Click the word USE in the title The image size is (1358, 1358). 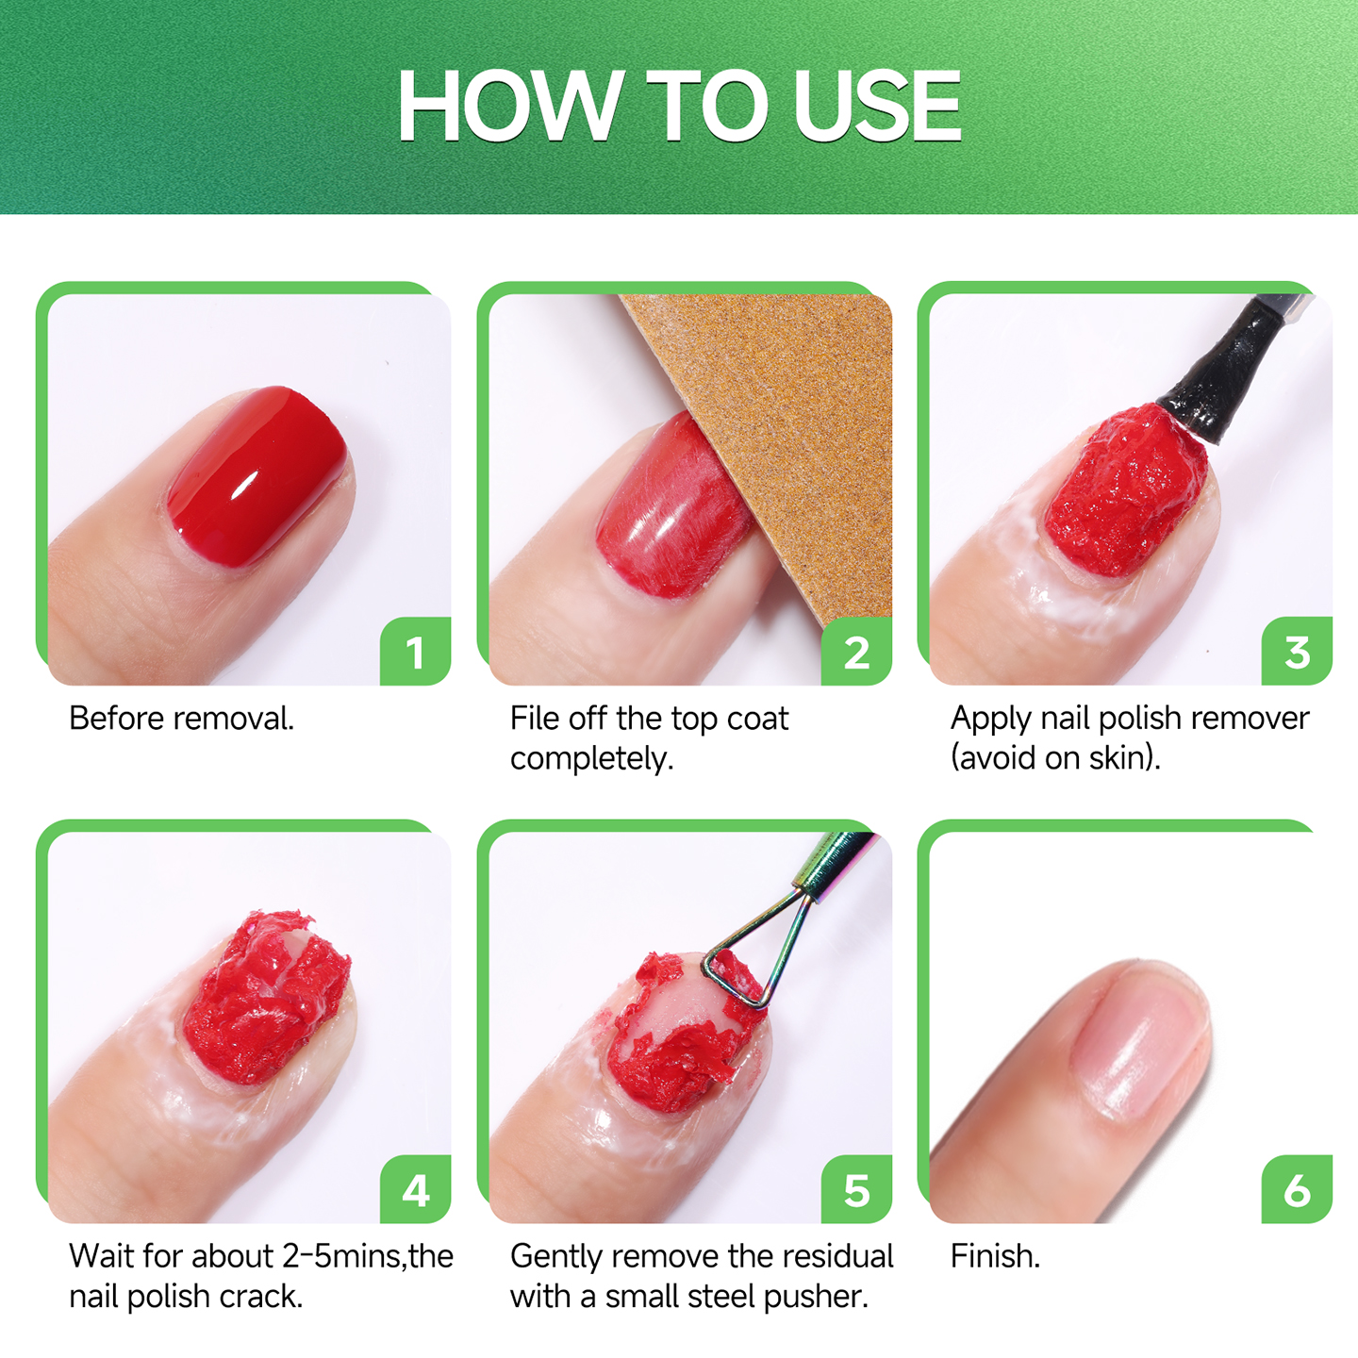877,106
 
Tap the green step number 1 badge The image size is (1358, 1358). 415,651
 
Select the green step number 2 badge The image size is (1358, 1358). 856,651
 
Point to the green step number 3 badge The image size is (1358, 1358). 1297,651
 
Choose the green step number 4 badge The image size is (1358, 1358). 415,1189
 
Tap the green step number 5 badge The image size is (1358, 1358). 856,1189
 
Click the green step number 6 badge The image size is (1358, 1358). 1297,1189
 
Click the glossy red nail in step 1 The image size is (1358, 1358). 257,475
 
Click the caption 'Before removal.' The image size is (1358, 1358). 182,720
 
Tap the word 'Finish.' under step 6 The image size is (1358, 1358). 995,1256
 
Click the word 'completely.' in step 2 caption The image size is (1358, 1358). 592,760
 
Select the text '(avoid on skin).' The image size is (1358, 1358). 1055,759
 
